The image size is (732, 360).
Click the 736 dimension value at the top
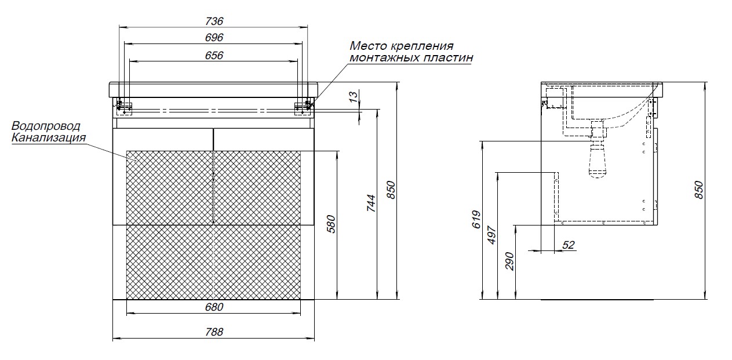[x=214, y=21]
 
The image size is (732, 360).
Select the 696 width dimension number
[x=214, y=38]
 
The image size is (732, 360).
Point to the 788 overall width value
[x=214, y=332]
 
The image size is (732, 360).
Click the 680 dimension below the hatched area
[x=214, y=307]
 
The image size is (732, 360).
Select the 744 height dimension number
[x=372, y=203]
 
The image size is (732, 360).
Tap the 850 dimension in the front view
[x=391, y=190]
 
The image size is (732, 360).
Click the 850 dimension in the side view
[x=698, y=190]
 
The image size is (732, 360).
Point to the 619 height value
[x=476, y=219]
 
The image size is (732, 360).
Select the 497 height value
[x=492, y=236]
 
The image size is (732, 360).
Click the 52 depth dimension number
[x=568, y=245]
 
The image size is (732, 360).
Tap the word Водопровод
[x=46, y=126]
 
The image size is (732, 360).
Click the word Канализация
[x=49, y=138]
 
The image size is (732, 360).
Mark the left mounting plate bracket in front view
[x=124, y=106]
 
